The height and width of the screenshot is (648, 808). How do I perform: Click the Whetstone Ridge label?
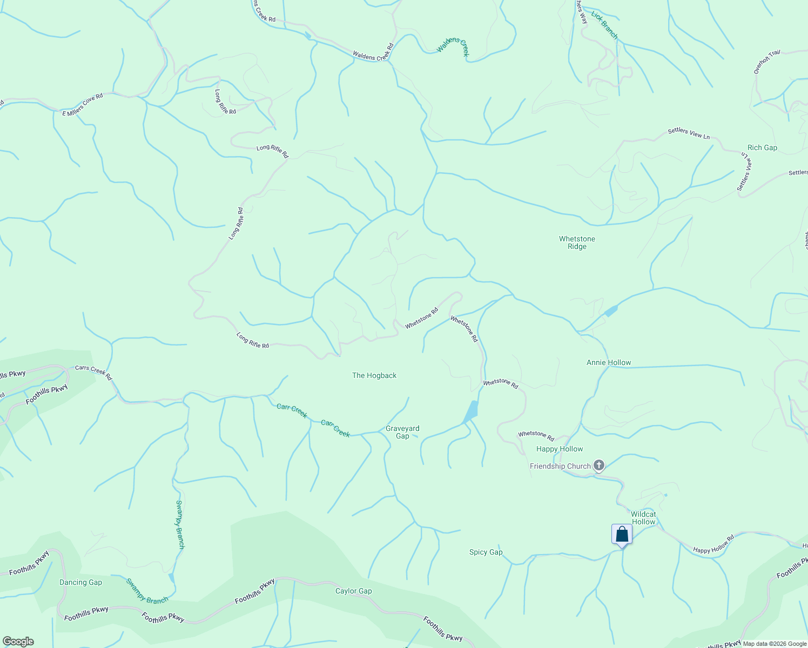(577, 242)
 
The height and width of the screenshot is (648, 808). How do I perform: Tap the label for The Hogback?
(374, 375)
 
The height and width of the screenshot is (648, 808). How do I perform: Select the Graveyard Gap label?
(402, 432)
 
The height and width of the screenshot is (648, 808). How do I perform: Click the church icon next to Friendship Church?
(598, 465)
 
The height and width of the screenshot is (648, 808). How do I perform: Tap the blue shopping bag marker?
(622, 535)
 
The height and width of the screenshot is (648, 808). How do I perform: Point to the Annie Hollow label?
(609, 362)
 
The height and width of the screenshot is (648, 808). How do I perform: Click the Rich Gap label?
(762, 147)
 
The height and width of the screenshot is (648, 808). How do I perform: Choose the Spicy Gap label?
(486, 552)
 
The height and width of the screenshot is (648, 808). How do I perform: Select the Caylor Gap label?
(353, 591)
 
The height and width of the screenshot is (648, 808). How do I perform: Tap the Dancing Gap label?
(80, 582)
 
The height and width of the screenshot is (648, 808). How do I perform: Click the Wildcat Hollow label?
(643, 518)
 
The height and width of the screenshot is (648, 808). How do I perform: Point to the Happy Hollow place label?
(560, 449)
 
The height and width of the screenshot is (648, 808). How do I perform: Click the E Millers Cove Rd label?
(83, 105)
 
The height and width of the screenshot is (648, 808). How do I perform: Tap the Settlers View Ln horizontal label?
(689, 133)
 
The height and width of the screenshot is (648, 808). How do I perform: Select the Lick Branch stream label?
(604, 25)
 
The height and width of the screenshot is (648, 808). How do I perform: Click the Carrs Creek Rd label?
(93, 372)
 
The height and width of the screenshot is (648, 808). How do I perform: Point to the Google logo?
(18, 642)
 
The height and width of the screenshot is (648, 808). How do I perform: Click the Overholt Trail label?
(767, 61)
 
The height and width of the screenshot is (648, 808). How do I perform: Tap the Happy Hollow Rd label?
(713, 544)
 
